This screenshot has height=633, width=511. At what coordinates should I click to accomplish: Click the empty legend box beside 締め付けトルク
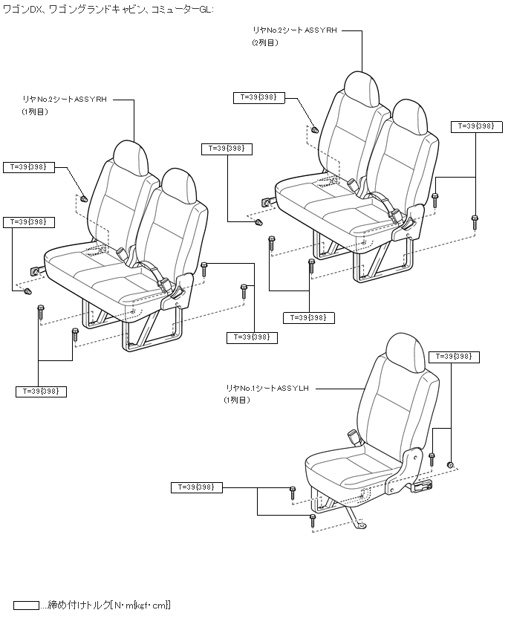pos(26,605)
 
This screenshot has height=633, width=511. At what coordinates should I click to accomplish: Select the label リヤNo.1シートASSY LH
pos(267,388)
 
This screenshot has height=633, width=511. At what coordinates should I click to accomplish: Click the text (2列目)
pos(264,43)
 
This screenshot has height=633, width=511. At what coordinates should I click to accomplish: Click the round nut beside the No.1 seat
pos(450,464)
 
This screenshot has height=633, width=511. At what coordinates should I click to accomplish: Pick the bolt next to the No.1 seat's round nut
pos(432,458)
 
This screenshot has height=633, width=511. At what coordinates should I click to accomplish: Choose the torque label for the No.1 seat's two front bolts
pos(197,487)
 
